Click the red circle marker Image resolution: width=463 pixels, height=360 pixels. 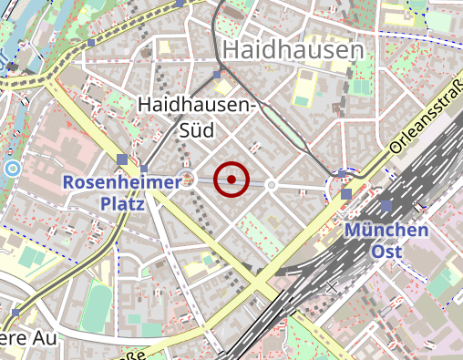tap(231, 180)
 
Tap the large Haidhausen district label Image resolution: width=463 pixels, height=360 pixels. tap(293, 50)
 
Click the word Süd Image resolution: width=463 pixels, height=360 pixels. tap(195, 130)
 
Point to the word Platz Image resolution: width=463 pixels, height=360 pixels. tap(123, 204)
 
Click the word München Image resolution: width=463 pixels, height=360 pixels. tap(386, 230)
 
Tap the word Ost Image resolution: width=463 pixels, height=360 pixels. tap(386, 250)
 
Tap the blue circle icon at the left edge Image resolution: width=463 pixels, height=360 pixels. tap(12, 169)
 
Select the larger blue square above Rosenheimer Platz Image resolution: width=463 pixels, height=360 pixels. tap(122, 160)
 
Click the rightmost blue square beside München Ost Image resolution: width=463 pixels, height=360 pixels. tap(386, 205)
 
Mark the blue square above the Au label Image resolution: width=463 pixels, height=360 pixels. tap(16, 313)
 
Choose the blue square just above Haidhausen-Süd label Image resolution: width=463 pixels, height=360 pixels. tap(217, 75)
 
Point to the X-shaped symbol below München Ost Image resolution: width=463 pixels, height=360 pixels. tap(332, 287)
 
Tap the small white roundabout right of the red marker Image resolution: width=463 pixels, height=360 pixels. tap(271, 185)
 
